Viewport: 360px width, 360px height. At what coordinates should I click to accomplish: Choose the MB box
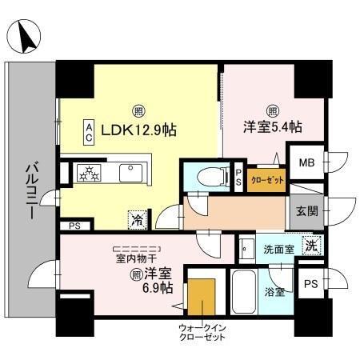coord(306,164)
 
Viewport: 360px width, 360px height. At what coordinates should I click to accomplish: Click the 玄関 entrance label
coord(306,212)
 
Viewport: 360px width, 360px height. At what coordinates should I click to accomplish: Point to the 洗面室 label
coord(278,249)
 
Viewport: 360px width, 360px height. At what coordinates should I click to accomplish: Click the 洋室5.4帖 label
coord(274,126)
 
